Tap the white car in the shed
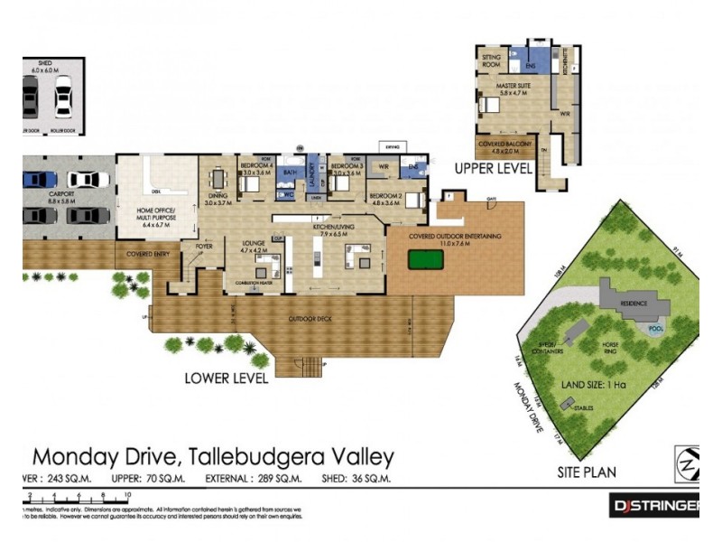(63, 97)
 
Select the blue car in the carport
(39, 179)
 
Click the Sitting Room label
(492, 61)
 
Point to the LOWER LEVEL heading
(226, 378)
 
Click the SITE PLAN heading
(587, 472)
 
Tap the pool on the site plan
(656, 326)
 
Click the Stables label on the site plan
(582, 408)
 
